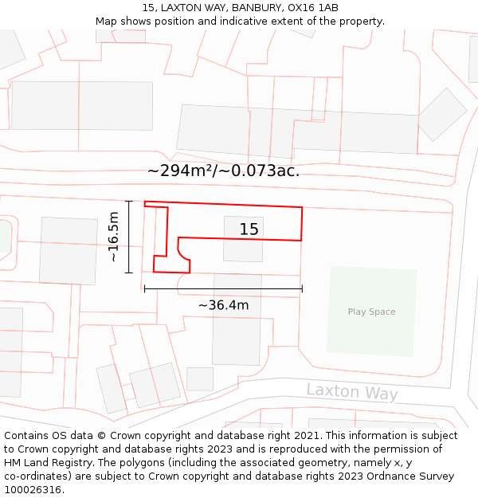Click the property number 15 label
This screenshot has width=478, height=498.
tap(249, 229)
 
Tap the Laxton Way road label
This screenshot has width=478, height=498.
tap(351, 391)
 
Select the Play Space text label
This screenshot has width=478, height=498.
tap(371, 312)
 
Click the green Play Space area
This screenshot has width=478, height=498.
tap(371, 331)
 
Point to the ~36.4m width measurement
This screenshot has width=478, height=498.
tap(223, 305)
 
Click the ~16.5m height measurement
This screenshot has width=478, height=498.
tap(114, 237)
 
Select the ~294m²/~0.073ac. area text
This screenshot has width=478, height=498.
tap(223, 171)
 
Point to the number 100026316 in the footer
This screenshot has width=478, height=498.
tap(33, 490)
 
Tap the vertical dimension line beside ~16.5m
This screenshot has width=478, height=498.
tap(128, 237)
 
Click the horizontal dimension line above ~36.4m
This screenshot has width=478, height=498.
tap(223, 288)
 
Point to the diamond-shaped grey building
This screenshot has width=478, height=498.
tap(442, 115)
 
